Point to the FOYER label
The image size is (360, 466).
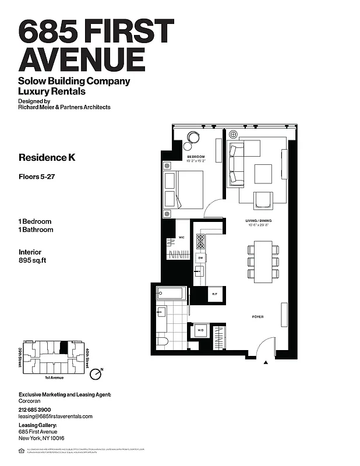(257, 317)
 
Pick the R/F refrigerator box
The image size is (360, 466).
(214, 295)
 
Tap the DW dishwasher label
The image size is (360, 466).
(200, 257)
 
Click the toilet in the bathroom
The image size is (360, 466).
(162, 341)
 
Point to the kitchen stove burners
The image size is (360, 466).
(200, 241)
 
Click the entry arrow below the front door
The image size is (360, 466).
(266, 363)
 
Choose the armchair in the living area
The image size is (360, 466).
(263, 199)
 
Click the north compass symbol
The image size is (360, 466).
(98, 371)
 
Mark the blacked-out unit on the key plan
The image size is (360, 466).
(64, 348)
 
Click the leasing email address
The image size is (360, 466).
(56, 416)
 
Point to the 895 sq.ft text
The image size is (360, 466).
(33, 261)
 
